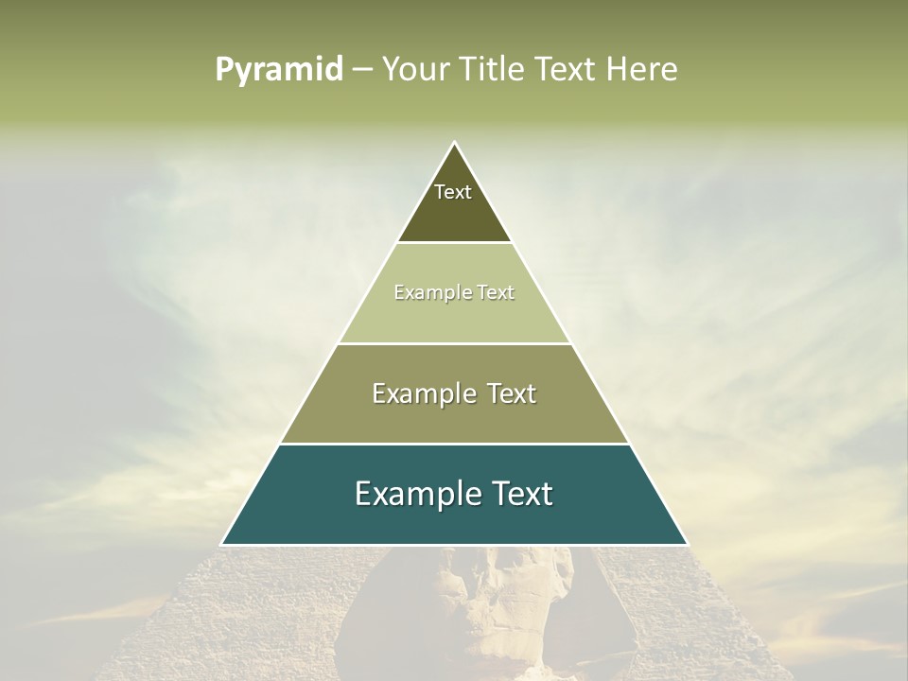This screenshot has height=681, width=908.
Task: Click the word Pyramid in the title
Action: [x=279, y=70]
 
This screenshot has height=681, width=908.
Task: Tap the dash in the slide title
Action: [x=362, y=70]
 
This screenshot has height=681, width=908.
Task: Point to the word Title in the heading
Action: [x=491, y=70]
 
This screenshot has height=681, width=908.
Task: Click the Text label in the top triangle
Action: [x=453, y=192]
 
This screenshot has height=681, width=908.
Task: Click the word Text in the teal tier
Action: [x=522, y=494]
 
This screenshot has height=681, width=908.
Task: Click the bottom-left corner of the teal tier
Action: [x=222, y=544]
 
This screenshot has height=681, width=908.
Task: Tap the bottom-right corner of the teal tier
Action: [x=687, y=544]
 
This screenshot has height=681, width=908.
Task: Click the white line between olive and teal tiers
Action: [x=454, y=444]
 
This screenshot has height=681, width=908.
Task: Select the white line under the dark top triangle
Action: [x=454, y=243]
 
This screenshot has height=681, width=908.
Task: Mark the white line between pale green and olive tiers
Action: [x=454, y=343]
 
